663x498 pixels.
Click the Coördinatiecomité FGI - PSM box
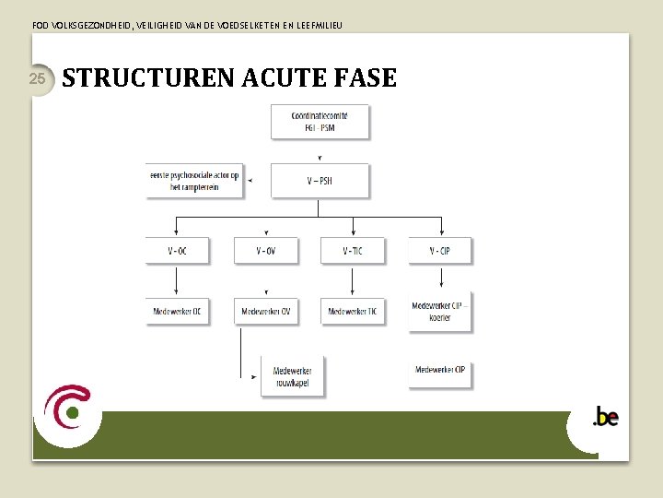click(x=320, y=122)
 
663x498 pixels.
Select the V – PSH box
click(x=320, y=181)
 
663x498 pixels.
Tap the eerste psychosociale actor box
click(x=194, y=181)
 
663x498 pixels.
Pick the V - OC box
click(x=177, y=251)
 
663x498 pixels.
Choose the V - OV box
click(x=265, y=251)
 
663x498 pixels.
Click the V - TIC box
click(x=353, y=251)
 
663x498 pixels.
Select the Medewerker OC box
click(x=177, y=312)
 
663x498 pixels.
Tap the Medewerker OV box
click(x=265, y=312)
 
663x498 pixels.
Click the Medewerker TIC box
click(x=353, y=312)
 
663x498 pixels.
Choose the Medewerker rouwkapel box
click(x=292, y=376)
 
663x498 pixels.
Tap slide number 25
click(x=38, y=78)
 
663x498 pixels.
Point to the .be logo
click(x=605, y=418)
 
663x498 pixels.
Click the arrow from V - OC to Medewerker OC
click(x=177, y=280)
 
